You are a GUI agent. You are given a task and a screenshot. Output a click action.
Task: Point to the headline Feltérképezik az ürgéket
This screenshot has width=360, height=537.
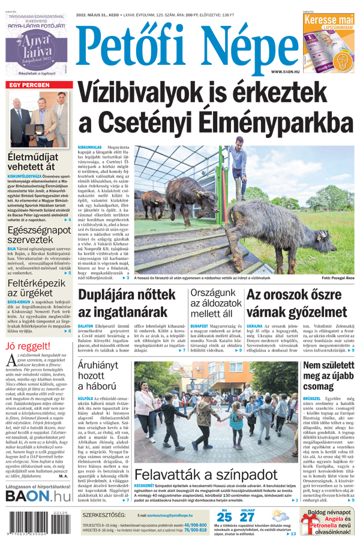(x=36, y=289)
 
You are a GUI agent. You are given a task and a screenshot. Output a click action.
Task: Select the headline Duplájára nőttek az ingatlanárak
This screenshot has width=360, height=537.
(x=126, y=303)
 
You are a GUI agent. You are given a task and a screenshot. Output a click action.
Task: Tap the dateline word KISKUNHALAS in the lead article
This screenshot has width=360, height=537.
(x=91, y=147)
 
